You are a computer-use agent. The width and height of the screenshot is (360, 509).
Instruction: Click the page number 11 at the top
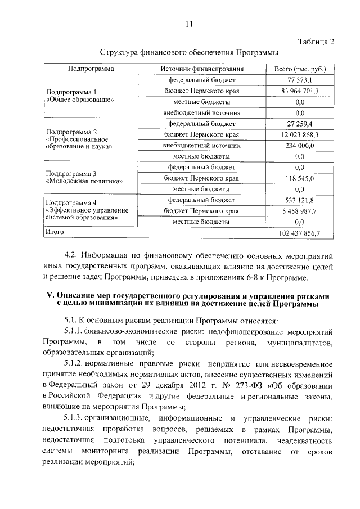[188, 24]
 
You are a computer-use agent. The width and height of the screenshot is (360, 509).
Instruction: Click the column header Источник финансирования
[201, 69]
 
